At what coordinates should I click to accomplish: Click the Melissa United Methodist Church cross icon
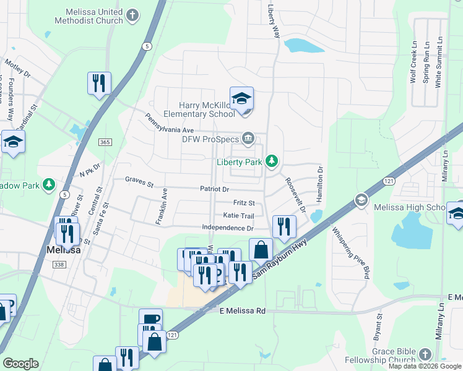[x=132, y=14]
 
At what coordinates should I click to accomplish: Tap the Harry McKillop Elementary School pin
[x=241, y=99]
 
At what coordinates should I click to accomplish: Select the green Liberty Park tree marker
[x=270, y=162]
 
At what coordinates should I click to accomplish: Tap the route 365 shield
[x=105, y=142]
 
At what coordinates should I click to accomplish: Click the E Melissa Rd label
[x=242, y=311]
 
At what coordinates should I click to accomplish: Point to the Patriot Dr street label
[x=214, y=189]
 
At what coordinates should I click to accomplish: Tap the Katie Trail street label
[x=238, y=216]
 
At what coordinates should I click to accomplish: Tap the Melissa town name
[x=63, y=250]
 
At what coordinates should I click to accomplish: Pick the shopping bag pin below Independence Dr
[x=261, y=250]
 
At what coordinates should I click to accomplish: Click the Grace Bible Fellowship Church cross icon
[x=424, y=354]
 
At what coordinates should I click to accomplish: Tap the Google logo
[x=20, y=364]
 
